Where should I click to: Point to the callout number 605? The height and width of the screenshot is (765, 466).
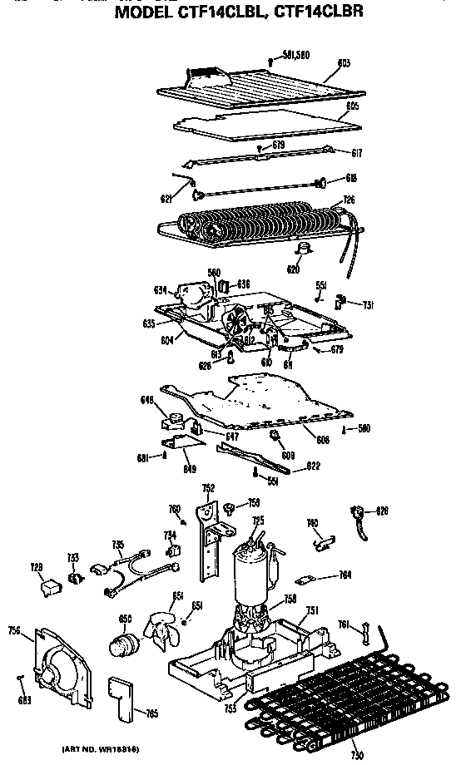coord(352,106)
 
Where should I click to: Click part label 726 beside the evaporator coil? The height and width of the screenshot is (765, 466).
coord(349,200)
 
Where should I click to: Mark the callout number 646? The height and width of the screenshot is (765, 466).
coord(147,401)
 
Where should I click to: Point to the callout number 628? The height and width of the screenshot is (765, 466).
coord(382,510)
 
